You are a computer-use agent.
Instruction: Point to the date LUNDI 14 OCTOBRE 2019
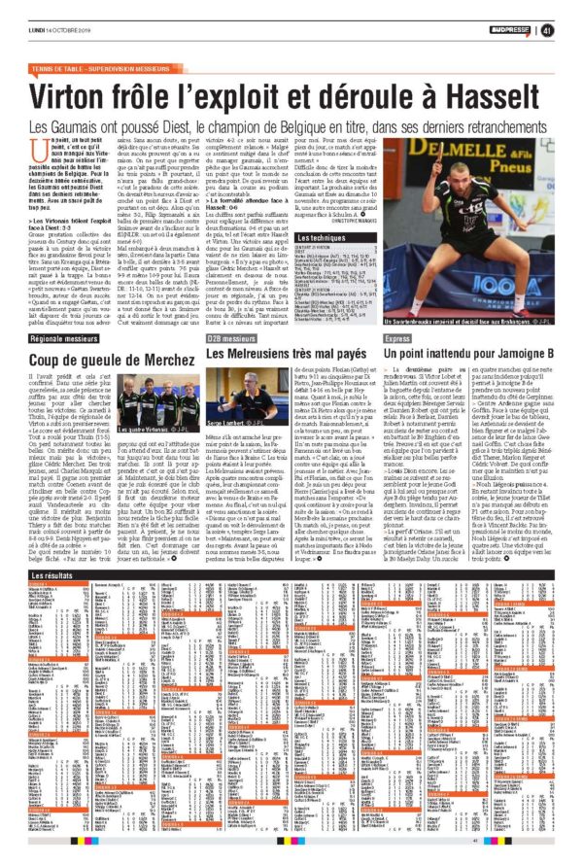click(x=60, y=31)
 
